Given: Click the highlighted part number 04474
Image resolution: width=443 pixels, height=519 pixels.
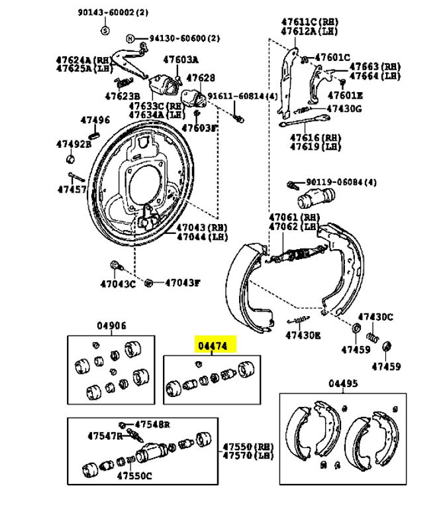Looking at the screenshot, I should pyautogui.click(x=215, y=346).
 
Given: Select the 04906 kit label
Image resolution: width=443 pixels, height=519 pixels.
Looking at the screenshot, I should pyautogui.click(x=112, y=326).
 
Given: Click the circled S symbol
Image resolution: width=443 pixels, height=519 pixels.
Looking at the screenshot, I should pyautogui.click(x=105, y=30).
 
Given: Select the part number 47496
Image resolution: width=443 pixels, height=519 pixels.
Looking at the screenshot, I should pyautogui.click(x=95, y=120).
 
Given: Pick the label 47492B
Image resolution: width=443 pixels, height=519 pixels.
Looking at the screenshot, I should pyautogui.click(x=74, y=144).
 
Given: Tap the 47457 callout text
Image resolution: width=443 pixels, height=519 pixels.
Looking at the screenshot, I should pyautogui.click(x=72, y=189).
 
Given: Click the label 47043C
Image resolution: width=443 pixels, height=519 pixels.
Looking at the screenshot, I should pyautogui.click(x=118, y=284).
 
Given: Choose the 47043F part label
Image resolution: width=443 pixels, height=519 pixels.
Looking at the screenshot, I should pyautogui.click(x=182, y=283).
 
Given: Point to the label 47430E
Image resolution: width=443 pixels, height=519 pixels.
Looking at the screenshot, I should pyautogui.click(x=303, y=335).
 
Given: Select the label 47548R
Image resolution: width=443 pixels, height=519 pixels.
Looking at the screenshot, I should pyautogui.click(x=152, y=424).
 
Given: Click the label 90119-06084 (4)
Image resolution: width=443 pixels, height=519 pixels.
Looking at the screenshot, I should pyautogui.click(x=340, y=182).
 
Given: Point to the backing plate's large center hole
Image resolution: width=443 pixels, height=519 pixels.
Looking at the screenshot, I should pyautogui.click(x=147, y=183).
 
